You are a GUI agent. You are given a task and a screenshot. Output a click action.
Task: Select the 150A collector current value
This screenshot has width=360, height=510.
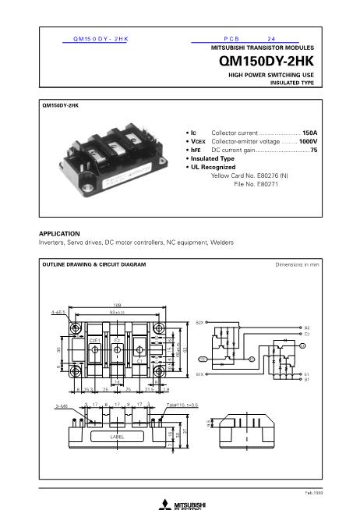click(310, 133)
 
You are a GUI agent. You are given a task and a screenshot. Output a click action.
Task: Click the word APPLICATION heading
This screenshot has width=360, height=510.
click(59, 233)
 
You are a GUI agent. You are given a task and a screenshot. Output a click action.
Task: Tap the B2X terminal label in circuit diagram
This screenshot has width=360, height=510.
click(199, 322)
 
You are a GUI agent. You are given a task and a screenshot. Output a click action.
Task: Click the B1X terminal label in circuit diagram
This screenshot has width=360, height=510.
click(199, 374)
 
